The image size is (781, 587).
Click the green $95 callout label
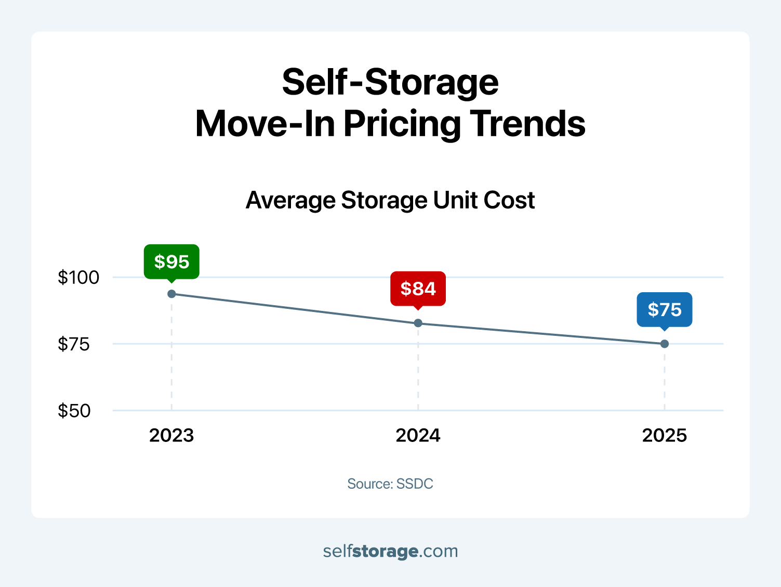point(171,261)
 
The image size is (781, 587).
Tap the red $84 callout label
point(418,288)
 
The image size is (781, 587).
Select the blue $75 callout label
point(664,309)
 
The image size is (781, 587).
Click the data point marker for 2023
point(171,294)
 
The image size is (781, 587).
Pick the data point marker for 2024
point(418,323)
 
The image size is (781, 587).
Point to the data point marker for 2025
point(664,344)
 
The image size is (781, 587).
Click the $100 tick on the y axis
point(78,277)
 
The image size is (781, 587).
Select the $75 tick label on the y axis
point(74,344)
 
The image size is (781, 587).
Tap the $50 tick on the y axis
point(74,411)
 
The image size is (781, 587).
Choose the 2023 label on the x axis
point(171,435)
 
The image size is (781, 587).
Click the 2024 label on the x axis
point(418,435)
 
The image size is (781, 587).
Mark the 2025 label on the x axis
point(664,435)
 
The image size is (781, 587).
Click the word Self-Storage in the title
point(390,82)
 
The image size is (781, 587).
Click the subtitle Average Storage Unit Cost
point(390,200)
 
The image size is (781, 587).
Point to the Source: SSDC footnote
point(390,484)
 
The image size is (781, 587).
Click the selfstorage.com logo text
point(390,551)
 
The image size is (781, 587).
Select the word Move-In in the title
point(265,124)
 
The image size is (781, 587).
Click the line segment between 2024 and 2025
point(541,333)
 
